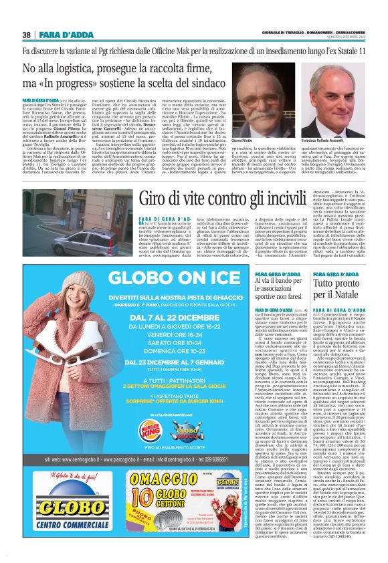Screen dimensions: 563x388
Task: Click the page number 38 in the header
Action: tap(27, 35)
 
